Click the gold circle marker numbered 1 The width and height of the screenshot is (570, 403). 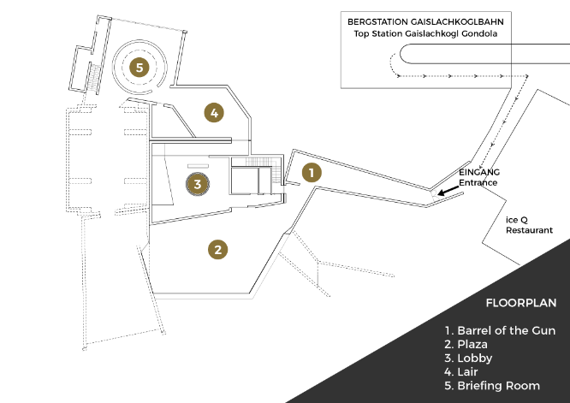312,172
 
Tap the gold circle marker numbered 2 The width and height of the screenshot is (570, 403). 218,249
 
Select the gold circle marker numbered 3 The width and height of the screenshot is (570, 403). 197,183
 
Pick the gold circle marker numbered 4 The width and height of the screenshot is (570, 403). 214,111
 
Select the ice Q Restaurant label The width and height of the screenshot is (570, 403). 529,225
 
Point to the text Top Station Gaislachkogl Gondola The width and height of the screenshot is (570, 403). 425,33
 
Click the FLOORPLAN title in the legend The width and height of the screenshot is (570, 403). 520,303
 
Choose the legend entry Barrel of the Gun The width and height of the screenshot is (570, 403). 500,330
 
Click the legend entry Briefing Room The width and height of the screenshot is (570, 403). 491,386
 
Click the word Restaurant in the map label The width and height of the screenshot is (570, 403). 529,230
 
